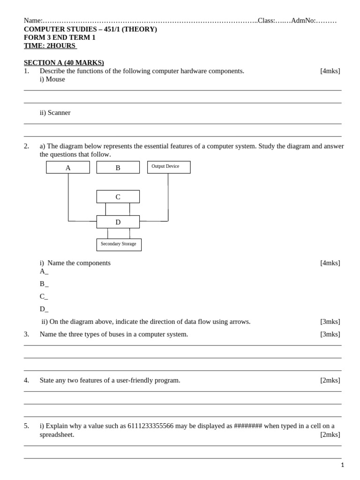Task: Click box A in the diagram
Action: coord(68,167)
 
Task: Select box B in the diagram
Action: coord(118,167)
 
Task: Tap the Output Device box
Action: coord(169,167)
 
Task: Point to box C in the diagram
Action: coord(118,197)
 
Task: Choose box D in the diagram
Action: coord(118,222)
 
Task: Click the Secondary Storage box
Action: coord(119,245)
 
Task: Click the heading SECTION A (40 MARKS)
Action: coord(64,62)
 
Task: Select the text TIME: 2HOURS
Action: coord(50,46)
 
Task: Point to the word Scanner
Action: coord(59,112)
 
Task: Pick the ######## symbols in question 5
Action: coord(247,426)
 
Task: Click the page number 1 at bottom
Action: coord(342,465)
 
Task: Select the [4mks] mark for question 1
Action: coord(330,71)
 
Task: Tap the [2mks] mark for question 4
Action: coord(330,380)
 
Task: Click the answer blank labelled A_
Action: coord(44,271)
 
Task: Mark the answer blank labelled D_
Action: coord(44,309)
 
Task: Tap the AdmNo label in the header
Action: coord(303,21)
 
